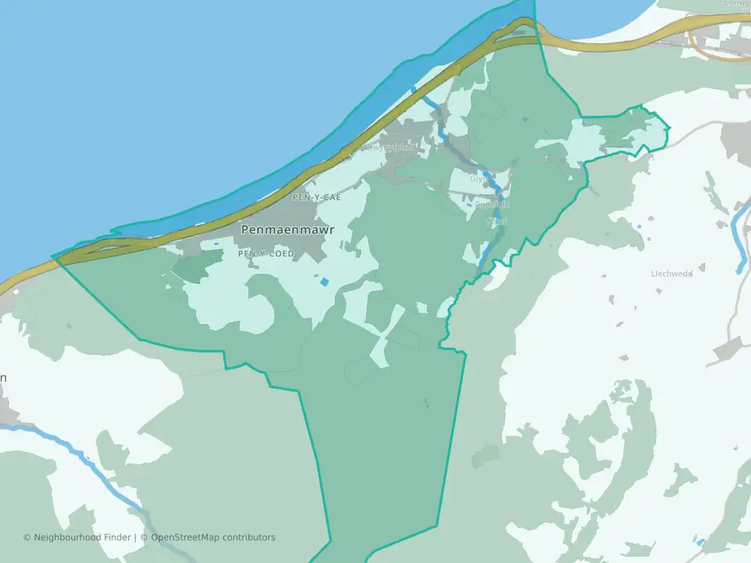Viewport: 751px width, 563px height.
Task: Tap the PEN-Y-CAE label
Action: click(x=316, y=198)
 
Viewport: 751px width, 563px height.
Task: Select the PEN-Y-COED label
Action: click(x=266, y=254)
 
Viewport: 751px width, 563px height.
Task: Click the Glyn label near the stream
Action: click(x=478, y=178)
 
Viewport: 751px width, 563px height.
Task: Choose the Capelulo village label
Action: click(x=492, y=204)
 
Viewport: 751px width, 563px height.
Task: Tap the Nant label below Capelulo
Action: click(x=496, y=222)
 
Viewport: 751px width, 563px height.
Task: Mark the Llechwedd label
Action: click(x=672, y=274)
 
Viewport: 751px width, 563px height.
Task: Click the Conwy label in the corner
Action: click(x=736, y=5)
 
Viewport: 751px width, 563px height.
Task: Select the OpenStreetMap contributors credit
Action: click(x=213, y=537)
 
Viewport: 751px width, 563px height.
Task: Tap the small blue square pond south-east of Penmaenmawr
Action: click(x=324, y=281)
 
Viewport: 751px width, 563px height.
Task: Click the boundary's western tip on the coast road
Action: click(x=53, y=256)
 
